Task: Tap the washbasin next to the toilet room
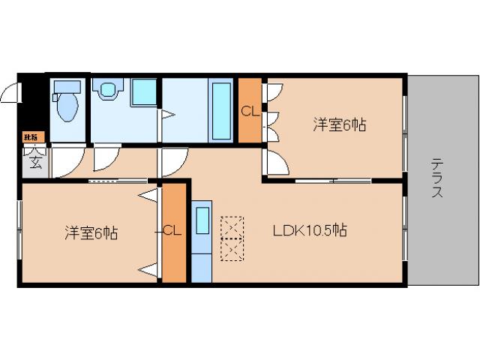pos(107,90)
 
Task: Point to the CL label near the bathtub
pos(249,112)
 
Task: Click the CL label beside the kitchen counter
pos(172,231)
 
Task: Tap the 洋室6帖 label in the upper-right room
pos(339,125)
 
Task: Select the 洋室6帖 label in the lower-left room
pos(89,233)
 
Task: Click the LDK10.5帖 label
pos(309,231)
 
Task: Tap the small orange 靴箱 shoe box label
pos(31,136)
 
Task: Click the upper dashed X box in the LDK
pos(232,227)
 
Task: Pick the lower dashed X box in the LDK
pos(232,248)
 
